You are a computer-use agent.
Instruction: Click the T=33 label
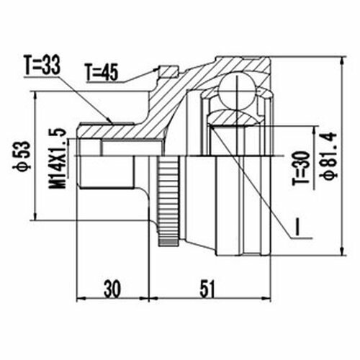(x=42, y=65)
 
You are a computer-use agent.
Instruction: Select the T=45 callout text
(x=102, y=72)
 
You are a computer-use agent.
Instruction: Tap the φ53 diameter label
(x=22, y=156)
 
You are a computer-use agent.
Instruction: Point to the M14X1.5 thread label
(x=58, y=158)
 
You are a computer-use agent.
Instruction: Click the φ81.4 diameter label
(x=328, y=156)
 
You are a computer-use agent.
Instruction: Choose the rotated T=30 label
(x=301, y=168)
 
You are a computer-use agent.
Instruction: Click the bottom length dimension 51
(x=207, y=289)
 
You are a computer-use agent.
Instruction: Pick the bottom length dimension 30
(x=112, y=289)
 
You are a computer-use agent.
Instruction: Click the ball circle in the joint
(x=237, y=91)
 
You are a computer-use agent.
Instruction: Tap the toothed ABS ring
(x=168, y=200)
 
